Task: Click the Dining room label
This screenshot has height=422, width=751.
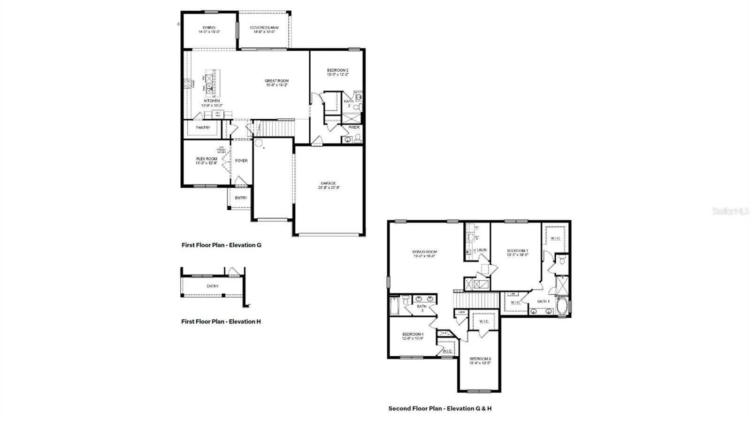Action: [x=209, y=28]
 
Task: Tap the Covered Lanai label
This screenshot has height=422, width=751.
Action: [x=264, y=28]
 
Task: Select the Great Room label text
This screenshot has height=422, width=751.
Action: [x=276, y=81]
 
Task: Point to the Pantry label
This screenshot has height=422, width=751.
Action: [x=203, y=128]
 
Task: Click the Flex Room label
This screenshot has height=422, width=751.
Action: [x=207, y=159]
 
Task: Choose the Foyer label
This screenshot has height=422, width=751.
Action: [x=241, y=161]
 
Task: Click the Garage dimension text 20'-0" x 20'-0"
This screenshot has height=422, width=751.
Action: [x=329, y=187]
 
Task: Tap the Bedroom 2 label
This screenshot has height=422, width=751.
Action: [x=337, y=70]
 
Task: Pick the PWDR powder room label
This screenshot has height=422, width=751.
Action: [x=353, y=127]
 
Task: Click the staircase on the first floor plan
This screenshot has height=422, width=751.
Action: [x=277, y=128]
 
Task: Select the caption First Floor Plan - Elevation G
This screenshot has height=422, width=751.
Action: [x=221, y=245]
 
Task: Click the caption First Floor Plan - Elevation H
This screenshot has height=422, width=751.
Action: [x=221, y=322]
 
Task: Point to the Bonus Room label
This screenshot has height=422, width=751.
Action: [x=424, y=252]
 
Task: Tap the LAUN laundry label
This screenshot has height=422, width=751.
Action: [x=481, y=250]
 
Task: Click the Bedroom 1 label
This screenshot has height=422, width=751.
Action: [x=517, y=251]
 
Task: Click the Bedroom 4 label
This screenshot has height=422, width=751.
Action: [x=413, y=334]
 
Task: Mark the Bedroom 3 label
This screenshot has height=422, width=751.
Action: [x=480, y=359]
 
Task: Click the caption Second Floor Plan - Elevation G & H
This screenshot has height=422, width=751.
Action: [x=440, y=408]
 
